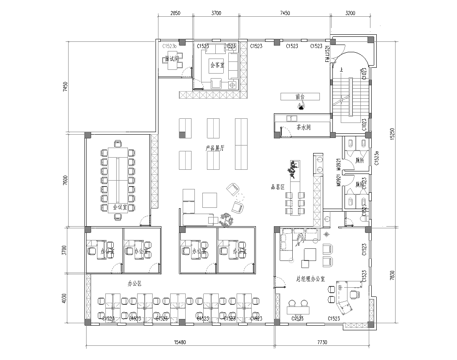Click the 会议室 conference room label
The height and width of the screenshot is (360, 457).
tap(121, 210)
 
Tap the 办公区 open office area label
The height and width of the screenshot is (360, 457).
tap(136, 284)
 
